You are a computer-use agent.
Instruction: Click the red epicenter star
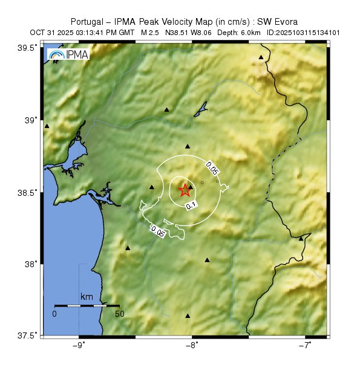coord(185,190)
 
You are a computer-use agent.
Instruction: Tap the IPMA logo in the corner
coord(68,55)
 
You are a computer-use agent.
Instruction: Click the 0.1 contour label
coord(191,206)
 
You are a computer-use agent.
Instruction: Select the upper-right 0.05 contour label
coord(212,167)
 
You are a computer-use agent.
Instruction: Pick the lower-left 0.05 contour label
coord(158,230)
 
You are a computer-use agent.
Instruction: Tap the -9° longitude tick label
coord(79,345)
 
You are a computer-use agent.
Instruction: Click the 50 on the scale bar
coord(119,314)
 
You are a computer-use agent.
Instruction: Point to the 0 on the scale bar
coord(54,314)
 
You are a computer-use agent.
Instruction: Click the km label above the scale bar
coord(87,297)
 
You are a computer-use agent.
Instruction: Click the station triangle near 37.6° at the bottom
coord(188,316)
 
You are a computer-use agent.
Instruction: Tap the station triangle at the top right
coord(261,57)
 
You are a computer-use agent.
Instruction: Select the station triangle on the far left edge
coord(47,126)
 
